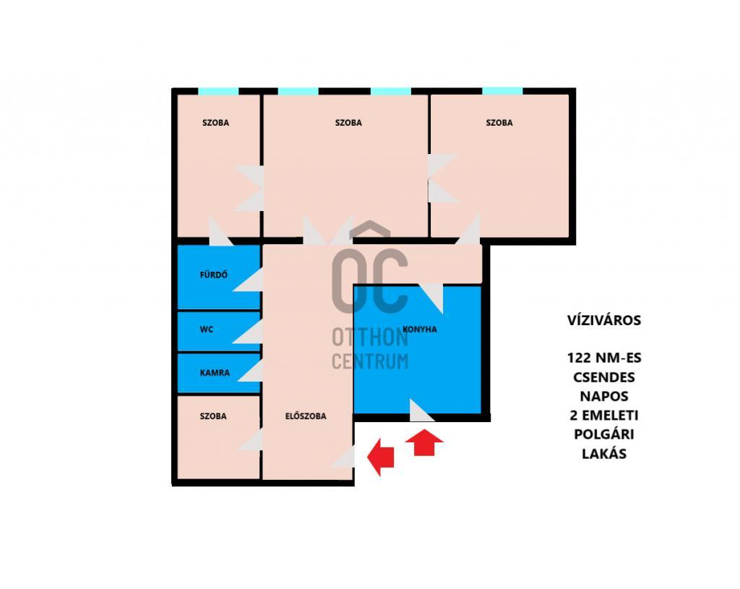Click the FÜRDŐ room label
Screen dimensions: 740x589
(x=214, y=275)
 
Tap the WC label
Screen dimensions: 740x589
(x=207, y=330)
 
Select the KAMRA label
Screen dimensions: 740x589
(x=215, y=373)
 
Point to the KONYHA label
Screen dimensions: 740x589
(x=420, y=330)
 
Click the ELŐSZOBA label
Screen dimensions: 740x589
(x=306, y=416)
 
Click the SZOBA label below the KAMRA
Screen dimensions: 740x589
(x=213, y=416)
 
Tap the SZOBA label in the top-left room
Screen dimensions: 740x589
(x=215, y=123)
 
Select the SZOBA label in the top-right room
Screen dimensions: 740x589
(x=499, y=123)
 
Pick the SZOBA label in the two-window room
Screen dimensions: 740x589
(x=349, y=123)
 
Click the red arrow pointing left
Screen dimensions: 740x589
(x=380, y=456)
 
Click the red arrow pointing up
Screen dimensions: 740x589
(x=423, y=443)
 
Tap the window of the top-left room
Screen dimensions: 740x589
(x=218, y=91)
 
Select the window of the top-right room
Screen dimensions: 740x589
(x=502, y=91)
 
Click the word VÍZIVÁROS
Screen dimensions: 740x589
(x=604, y=320)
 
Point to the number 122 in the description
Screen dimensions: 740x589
(x=579, y=358)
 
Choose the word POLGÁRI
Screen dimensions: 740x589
(x=604, y=434)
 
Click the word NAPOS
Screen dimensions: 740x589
(x=604, y=396)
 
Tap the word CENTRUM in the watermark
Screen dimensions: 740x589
(x=370, y=361)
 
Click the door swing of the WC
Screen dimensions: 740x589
(x=248, y=332)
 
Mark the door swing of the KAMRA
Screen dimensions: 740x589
(x=251, y=371)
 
